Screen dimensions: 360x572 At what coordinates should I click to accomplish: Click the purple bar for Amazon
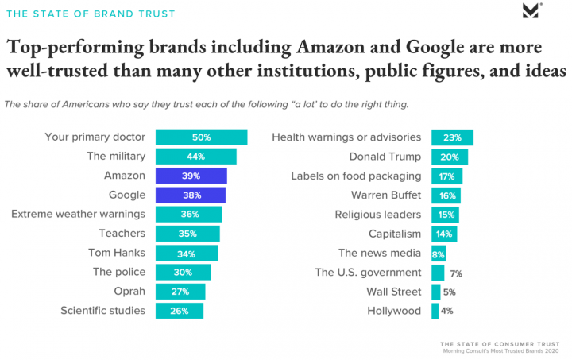pos(191,176)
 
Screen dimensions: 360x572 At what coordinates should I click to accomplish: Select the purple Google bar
pos(190,195)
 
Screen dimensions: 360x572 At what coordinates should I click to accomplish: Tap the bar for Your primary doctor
pos(201,137)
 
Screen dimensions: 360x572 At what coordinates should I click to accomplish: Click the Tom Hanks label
pos(116,253)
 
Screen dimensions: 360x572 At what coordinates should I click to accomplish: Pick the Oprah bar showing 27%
pos(180,292)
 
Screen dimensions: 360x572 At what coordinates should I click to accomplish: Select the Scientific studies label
pos(102,311)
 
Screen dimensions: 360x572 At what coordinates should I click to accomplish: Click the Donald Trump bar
pos(449,157)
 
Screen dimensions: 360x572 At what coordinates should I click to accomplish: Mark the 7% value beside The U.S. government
pos(455,273)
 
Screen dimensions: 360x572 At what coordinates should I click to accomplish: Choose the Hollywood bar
pos(435,311)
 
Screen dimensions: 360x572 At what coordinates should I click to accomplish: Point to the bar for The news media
pos(439,253)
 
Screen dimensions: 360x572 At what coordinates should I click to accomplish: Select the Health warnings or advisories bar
pos(452,137)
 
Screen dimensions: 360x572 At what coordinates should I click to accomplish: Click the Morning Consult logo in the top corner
pos(531,11)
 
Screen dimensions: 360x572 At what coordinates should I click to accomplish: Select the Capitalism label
pos(395,234)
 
